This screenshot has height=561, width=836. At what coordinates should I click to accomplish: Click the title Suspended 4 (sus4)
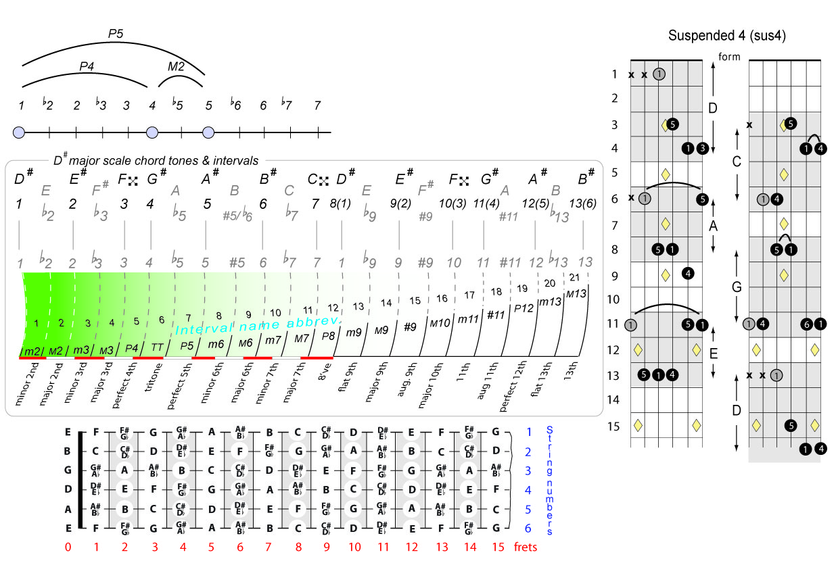[726, 35]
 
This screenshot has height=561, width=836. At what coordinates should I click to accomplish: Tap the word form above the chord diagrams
[729, 57]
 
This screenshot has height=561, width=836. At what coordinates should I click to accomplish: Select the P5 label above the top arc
[116, 32]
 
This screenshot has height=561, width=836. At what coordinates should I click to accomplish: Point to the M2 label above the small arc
[176, 66]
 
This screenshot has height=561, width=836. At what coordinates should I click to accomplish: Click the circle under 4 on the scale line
[152, 132]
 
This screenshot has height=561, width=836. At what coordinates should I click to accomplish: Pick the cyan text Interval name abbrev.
[258, 323]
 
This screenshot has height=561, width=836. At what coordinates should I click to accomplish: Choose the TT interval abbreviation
[156, 347]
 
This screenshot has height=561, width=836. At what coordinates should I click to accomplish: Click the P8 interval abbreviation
[328, 336]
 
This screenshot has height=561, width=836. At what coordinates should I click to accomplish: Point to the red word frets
[526, 547]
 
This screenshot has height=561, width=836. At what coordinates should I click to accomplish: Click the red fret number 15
[498, 547]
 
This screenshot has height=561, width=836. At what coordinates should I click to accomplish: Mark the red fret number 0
[68, 547]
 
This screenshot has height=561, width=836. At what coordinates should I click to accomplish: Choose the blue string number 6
[529, 527]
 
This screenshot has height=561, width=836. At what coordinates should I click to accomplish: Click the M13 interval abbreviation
[576, 294]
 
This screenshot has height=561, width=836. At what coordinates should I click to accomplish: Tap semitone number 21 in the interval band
[574, 277]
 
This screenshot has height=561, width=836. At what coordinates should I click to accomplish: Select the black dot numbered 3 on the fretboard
[702, 148]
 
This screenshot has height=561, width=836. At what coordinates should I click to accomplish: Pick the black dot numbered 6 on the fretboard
[806, 324]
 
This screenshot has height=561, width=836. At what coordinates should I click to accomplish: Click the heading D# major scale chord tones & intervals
[156, 161]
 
